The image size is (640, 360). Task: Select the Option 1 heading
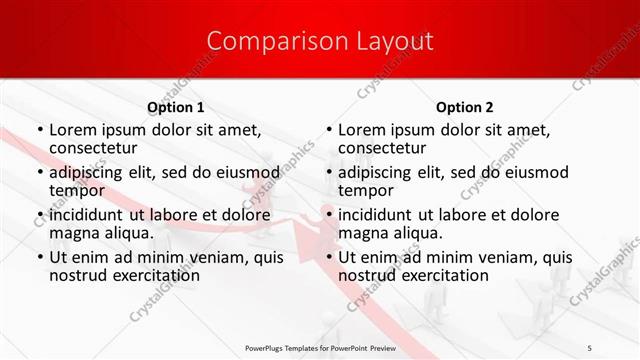coord(175,107)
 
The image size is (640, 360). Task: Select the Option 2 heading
coord(464,107)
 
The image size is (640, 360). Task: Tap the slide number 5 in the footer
coord(618,348)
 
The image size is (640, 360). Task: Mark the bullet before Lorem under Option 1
coord(39,130)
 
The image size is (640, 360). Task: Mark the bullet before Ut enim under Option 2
coord(328,257)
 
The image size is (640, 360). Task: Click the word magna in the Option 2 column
coord(363,233)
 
